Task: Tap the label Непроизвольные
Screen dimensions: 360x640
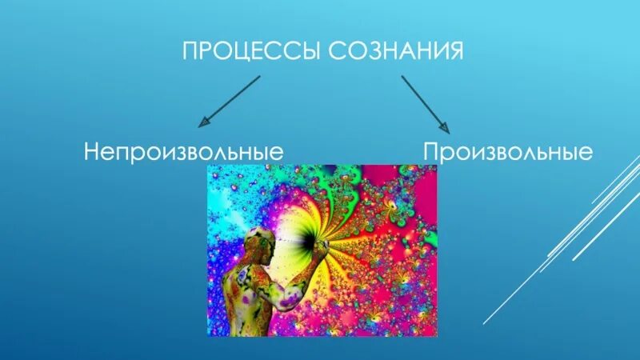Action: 186,151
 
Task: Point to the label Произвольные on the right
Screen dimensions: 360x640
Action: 508,151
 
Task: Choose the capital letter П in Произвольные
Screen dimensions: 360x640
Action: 431,151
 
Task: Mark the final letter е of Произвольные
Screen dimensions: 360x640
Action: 586,153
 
